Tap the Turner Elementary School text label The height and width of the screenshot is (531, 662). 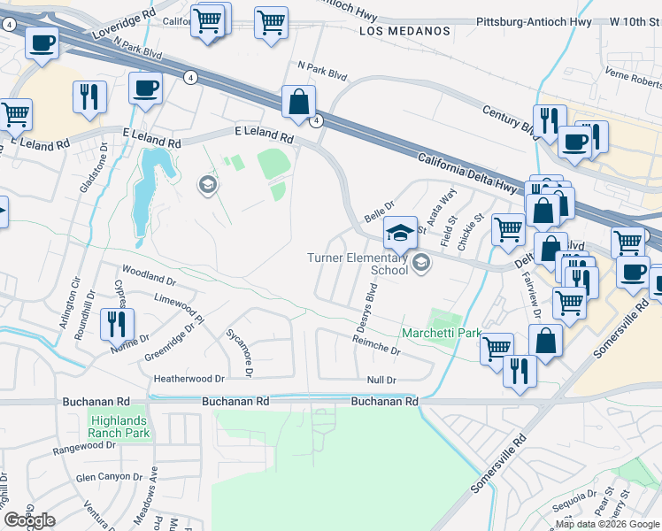pos(358,264)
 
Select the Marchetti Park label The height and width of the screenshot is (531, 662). pos(441,334)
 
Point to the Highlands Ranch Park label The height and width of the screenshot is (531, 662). pos(119,427)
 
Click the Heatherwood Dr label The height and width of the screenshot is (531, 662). pos(189,378)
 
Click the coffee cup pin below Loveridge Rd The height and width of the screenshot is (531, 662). pos(42,42)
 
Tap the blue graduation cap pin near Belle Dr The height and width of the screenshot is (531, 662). pos(400,234)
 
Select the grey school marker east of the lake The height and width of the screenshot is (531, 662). pos(208,185)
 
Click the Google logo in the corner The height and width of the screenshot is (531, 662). pos(28,520)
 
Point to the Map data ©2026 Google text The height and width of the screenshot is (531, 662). pos(608,524)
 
